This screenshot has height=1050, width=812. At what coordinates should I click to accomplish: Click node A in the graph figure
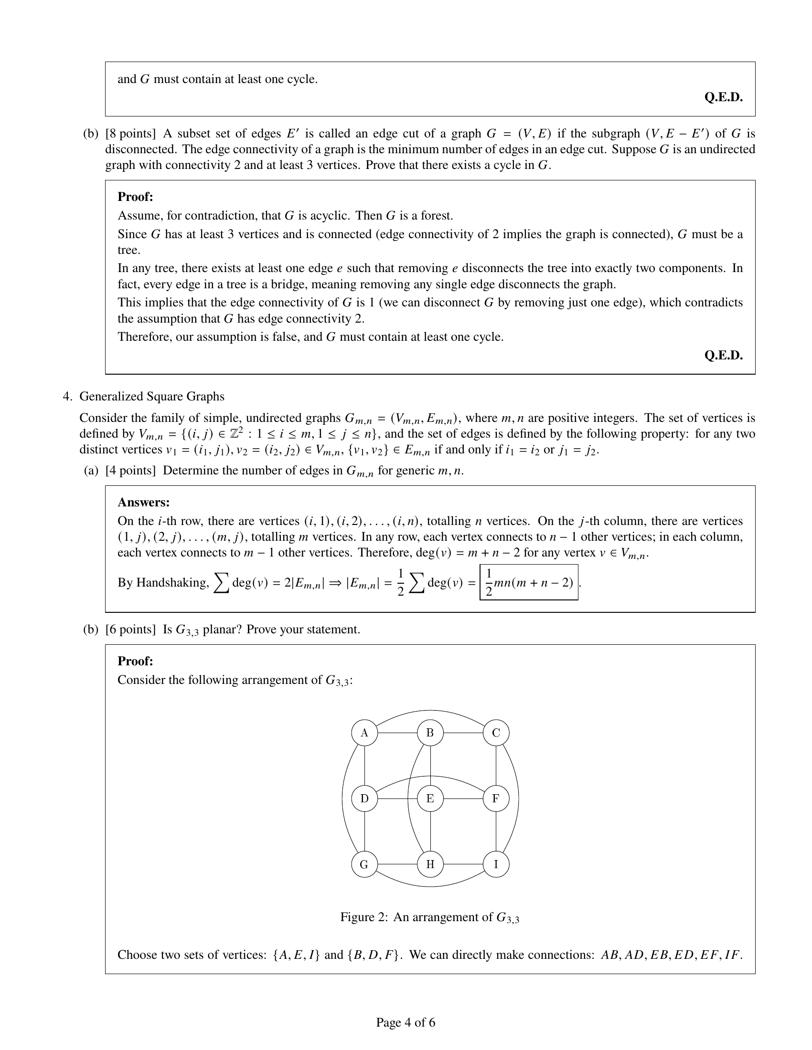364,733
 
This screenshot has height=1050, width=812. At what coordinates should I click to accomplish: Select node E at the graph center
430,798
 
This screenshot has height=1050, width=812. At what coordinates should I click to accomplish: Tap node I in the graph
496,864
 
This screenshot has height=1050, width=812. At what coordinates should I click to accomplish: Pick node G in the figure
364,864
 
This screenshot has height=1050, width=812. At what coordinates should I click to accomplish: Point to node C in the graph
496,733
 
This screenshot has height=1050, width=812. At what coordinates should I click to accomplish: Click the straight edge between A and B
397,733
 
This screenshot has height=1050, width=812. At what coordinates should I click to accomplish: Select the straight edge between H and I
463,864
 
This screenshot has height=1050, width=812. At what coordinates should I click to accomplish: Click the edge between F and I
496,831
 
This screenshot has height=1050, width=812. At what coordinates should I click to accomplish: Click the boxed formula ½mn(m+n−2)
529,582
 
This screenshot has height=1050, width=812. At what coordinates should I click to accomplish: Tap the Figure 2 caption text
429,917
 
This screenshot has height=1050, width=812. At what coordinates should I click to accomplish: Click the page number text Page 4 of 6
406,1022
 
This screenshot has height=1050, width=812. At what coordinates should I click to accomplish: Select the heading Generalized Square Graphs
151,396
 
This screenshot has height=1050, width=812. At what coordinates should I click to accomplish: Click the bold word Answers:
143,503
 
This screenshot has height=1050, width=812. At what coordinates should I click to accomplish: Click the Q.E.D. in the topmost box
723,97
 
